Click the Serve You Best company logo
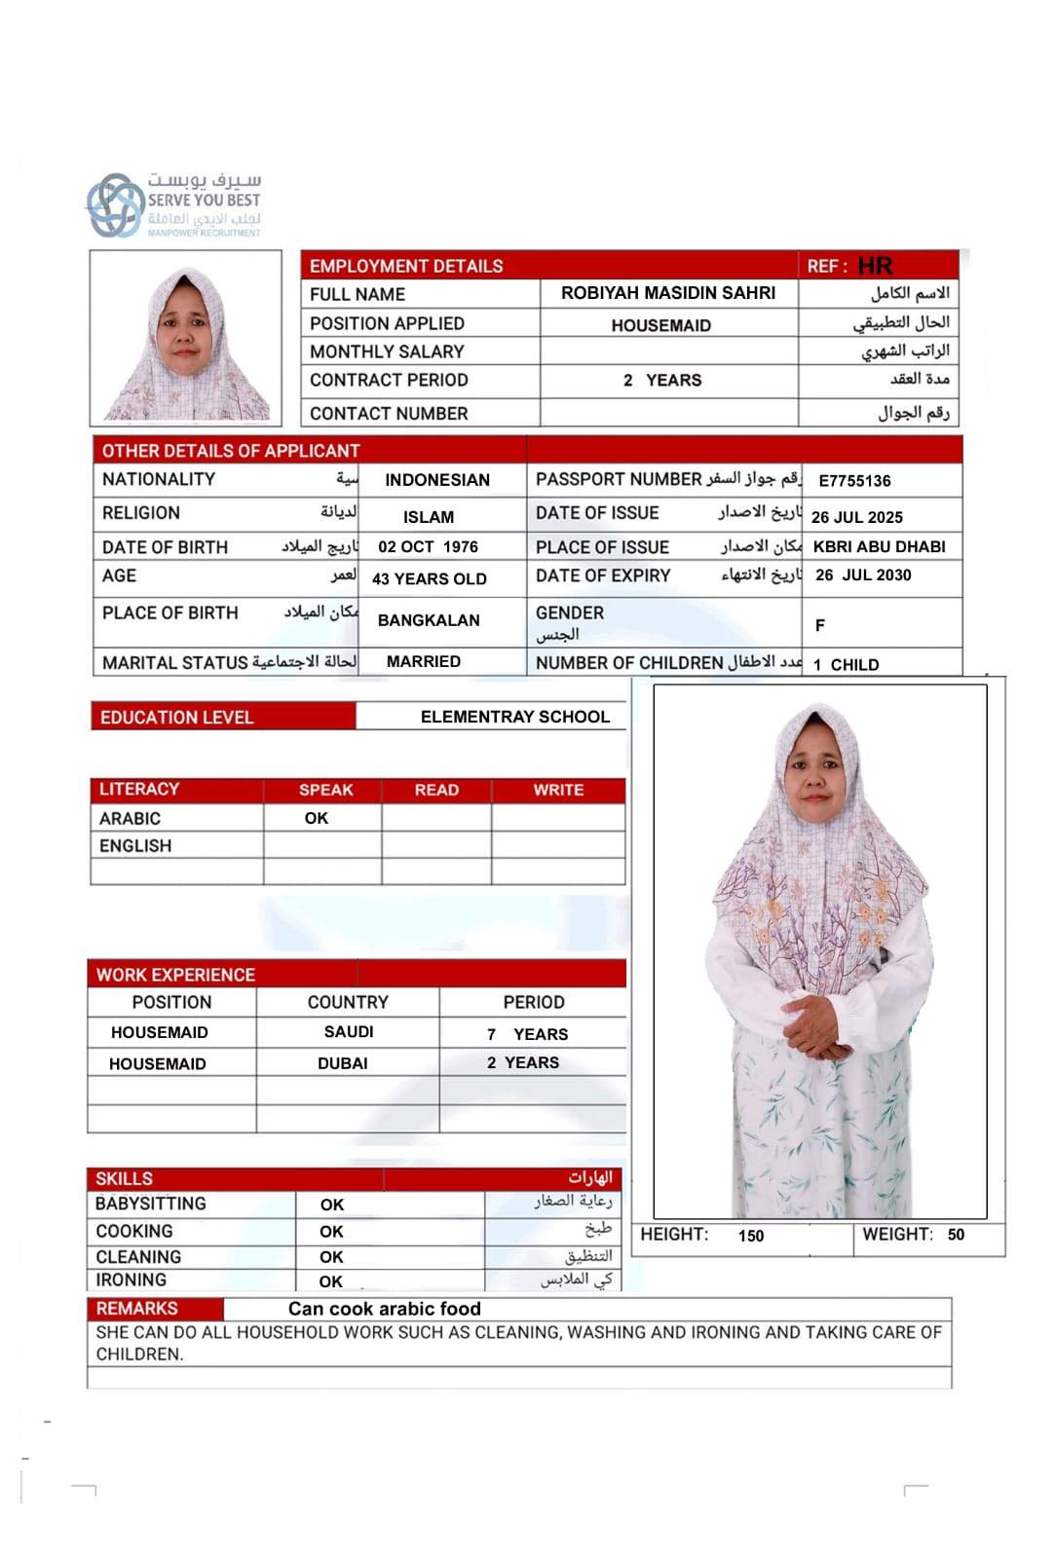tap(173, 204)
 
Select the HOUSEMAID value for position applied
tap(660, 325)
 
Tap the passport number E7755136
tap(854, 480)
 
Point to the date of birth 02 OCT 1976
tap(428, 546)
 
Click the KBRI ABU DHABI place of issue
tap(879, 546)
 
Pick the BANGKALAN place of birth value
tap(429, 620)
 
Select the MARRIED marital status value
tap(423, 661)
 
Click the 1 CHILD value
tap(846, 664)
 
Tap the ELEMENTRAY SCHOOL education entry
tap(514, 717)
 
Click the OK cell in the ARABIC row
tap(317, 818)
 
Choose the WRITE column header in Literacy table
tap(558, 790)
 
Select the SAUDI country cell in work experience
tap(349, 1031)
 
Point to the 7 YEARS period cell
tap(527, 1034)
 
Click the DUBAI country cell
tap(343, 1063)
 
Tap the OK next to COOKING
tap(331, 1232)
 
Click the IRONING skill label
tap(131, 1280)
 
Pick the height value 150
tap(751, 1236)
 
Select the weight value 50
tap(956, 1235)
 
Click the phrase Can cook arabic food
tap(385, 1309)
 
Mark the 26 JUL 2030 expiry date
tap(863, 575)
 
